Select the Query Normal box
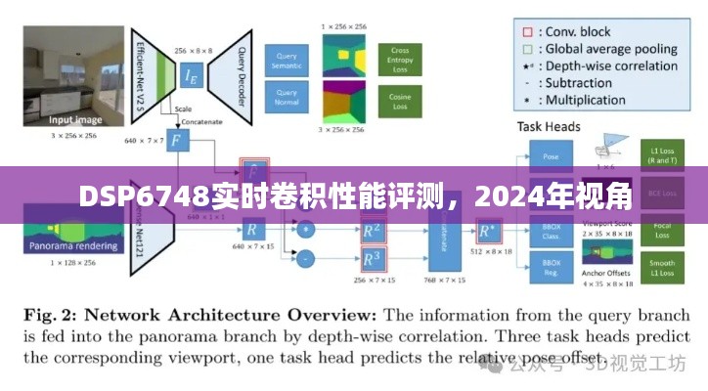tap(287, 98)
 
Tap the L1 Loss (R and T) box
tap(661, 156)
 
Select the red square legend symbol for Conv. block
tap(528, 31)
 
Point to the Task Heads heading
tap(548, 126)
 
